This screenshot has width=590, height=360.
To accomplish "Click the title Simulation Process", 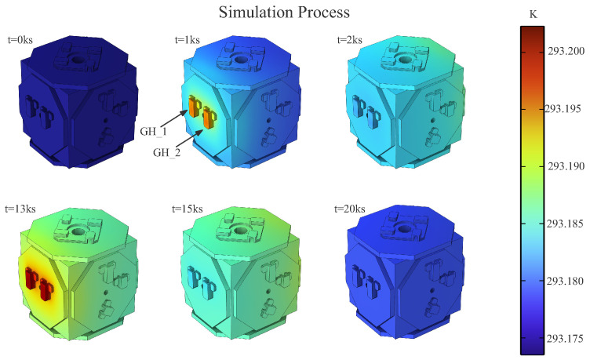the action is pos(284,12).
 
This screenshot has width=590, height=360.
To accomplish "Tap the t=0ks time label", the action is pos(20,39).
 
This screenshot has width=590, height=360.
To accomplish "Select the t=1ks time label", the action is pos(188,39).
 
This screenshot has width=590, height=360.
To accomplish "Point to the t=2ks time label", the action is pos(350,39).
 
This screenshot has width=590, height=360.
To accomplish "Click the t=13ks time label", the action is pos(20,209).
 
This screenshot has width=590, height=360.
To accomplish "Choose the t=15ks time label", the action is pos(188,209).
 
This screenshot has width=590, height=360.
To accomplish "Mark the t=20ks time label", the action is pos(350,209).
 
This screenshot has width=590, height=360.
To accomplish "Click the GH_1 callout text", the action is pos(153,132).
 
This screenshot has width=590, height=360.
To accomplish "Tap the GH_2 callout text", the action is pos(166,152).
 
